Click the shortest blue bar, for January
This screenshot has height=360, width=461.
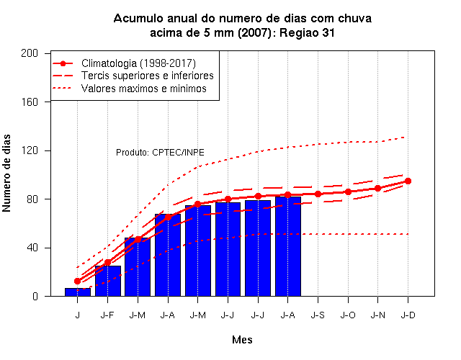(x=78, y=292)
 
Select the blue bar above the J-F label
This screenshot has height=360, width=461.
(x=107, y=281)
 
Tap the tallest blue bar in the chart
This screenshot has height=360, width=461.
(x=288, y=246)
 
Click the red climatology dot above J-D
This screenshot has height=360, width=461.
(x=408, y=181)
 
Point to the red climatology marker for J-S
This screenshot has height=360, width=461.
(x=318, y=194)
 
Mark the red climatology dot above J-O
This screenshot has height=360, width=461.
(x=348, y=192)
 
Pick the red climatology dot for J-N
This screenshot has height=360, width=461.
(x=377, y=189)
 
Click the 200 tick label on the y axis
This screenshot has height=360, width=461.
(x=30, y=53)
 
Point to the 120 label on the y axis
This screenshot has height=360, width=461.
(x=30, y=150)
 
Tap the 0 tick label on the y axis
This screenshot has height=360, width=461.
(x=35, y=296)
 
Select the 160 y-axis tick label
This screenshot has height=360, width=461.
(x=30, y=102)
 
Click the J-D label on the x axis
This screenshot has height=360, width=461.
(x=408, y=315)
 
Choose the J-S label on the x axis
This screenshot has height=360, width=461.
(x=318, y=315)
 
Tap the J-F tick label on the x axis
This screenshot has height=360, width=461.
(x=107, y=315)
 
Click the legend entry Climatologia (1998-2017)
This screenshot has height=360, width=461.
(x=138, y=63)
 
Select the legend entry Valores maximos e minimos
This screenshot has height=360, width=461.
(x=144, y=89)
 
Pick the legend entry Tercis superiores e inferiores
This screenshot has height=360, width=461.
(x=147, y=76)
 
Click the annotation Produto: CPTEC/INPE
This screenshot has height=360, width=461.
(x=160, y=152)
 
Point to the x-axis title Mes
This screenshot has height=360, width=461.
(x=242, y=340)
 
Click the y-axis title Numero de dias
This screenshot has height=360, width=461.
(x=6, y=173)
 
